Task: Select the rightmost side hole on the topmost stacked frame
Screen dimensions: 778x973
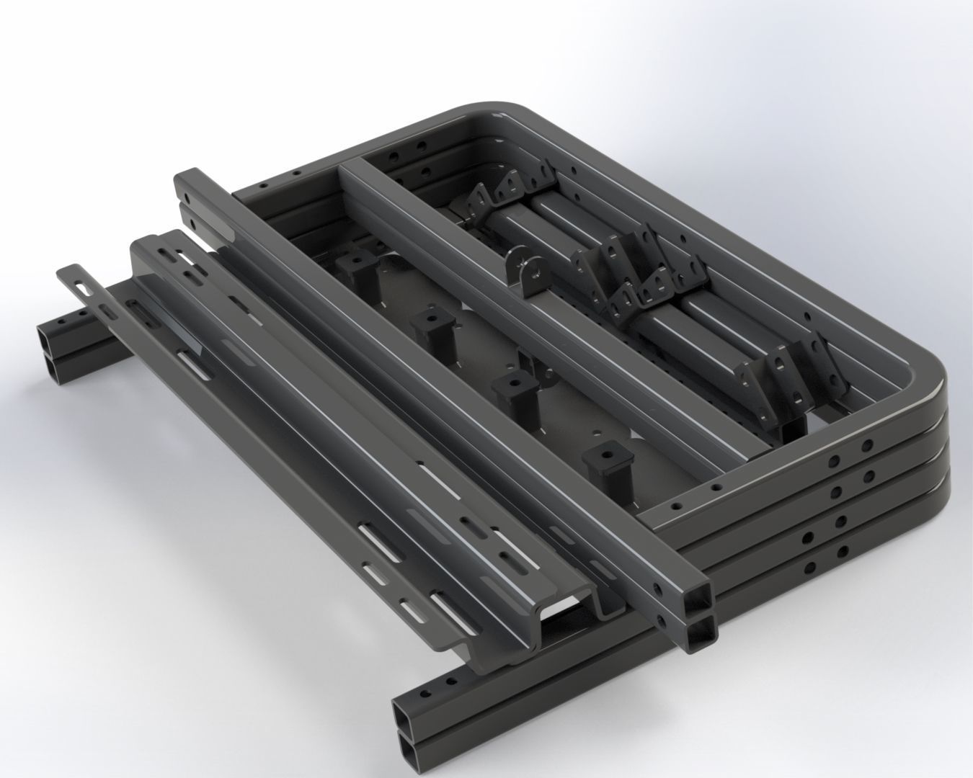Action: click(x=868, y=445)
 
